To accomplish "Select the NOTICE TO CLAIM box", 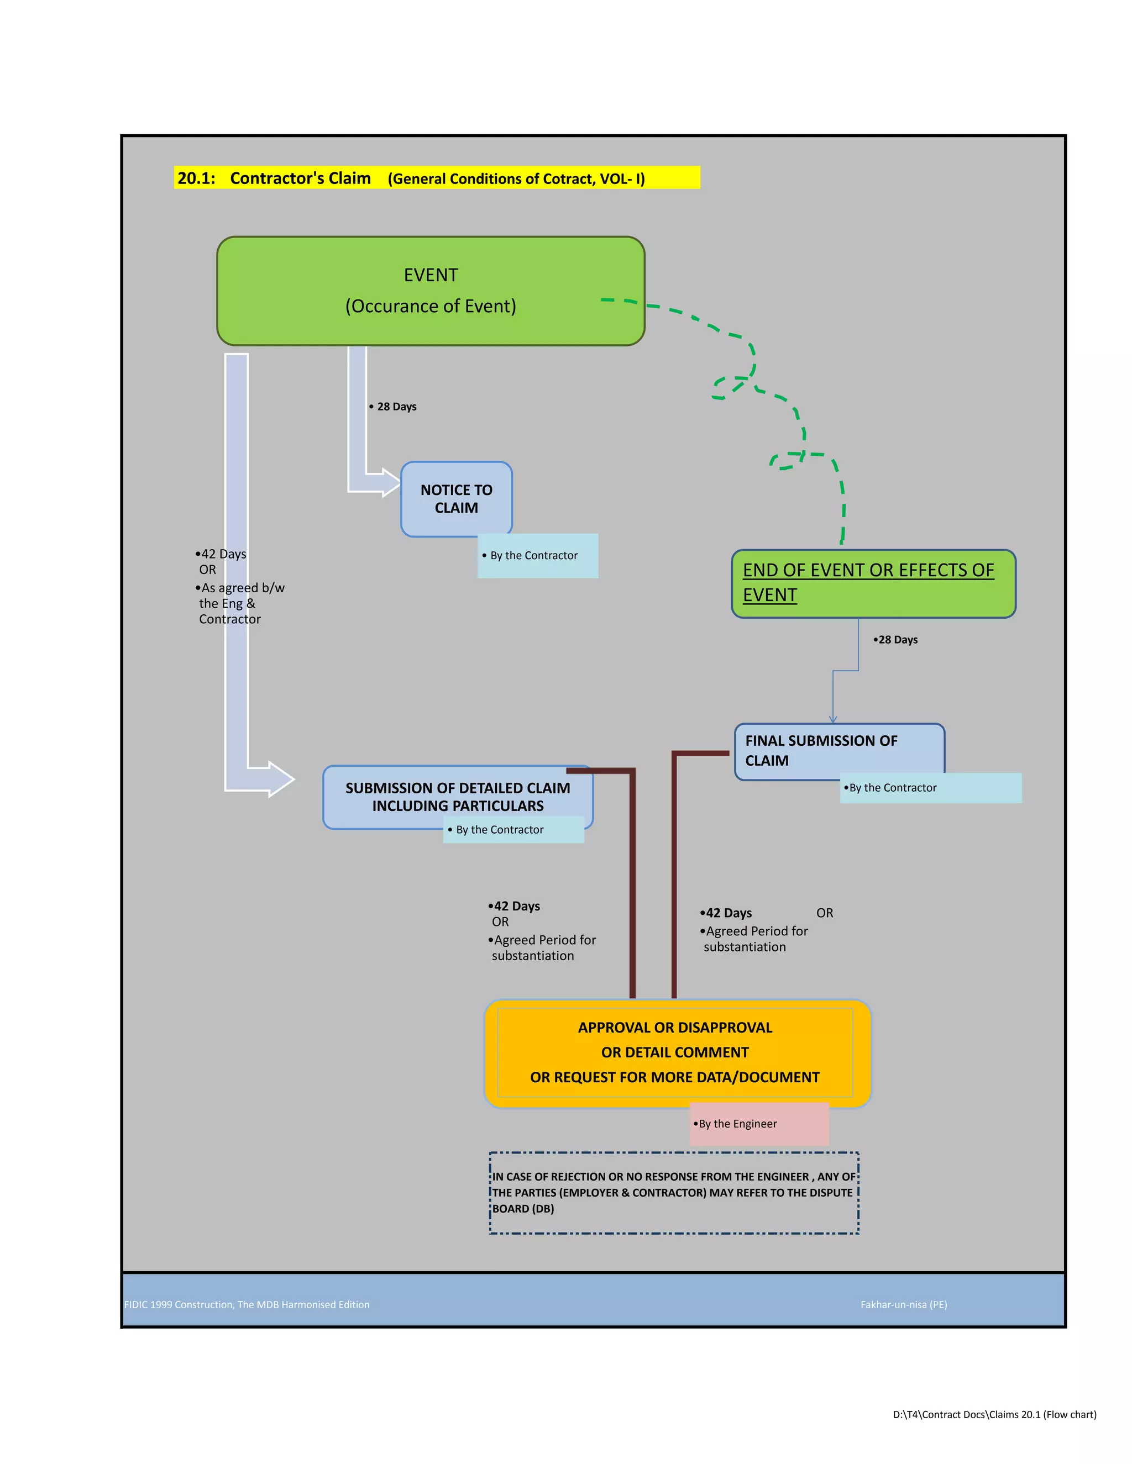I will pyautogui.click(x=456, y=499).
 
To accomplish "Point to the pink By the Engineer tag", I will pyautogui.click(x=758, y=1124).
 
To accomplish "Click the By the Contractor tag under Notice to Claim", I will pyautogui.click(x=537, y=556).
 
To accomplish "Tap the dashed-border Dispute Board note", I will pyautogui.click(x=674, y=1193).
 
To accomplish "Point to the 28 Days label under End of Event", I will pyautogui.click(x=897, y=640).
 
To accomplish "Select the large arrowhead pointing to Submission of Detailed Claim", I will pyautogui.click(x=280, y=779).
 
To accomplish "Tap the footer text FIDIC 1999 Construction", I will pyautogui.click(x=247, y=1304).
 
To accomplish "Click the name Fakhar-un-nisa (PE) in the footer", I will pyautogui.click(x=903, y=1304).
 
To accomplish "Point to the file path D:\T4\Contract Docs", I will pyautogui.click(x=994, y=1414).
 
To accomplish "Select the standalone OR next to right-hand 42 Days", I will pyautogui.click(x=824, y=913).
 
